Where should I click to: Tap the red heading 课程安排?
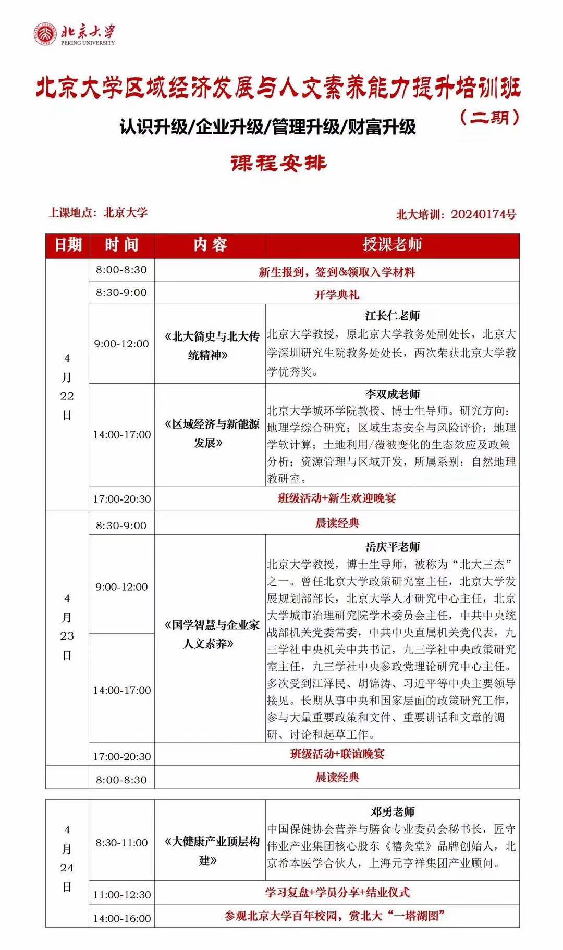278,163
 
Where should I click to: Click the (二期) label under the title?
490,117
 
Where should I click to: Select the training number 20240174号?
483,214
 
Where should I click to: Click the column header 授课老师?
392,245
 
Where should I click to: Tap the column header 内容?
210,245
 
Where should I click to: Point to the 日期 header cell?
68,245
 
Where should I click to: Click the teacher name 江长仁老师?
392,316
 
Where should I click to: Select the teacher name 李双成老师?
392,394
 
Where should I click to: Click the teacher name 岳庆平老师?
392,546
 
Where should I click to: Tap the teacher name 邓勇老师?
392,811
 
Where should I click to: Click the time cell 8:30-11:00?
121,842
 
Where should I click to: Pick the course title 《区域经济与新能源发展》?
210,433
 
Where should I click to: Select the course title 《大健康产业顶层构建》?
210,851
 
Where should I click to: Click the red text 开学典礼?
337,294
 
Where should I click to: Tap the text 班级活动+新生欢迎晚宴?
337,498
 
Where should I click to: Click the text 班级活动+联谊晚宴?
337,754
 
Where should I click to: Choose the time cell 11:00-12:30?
121,895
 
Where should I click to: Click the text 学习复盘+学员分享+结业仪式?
337,892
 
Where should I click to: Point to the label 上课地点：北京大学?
98,213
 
